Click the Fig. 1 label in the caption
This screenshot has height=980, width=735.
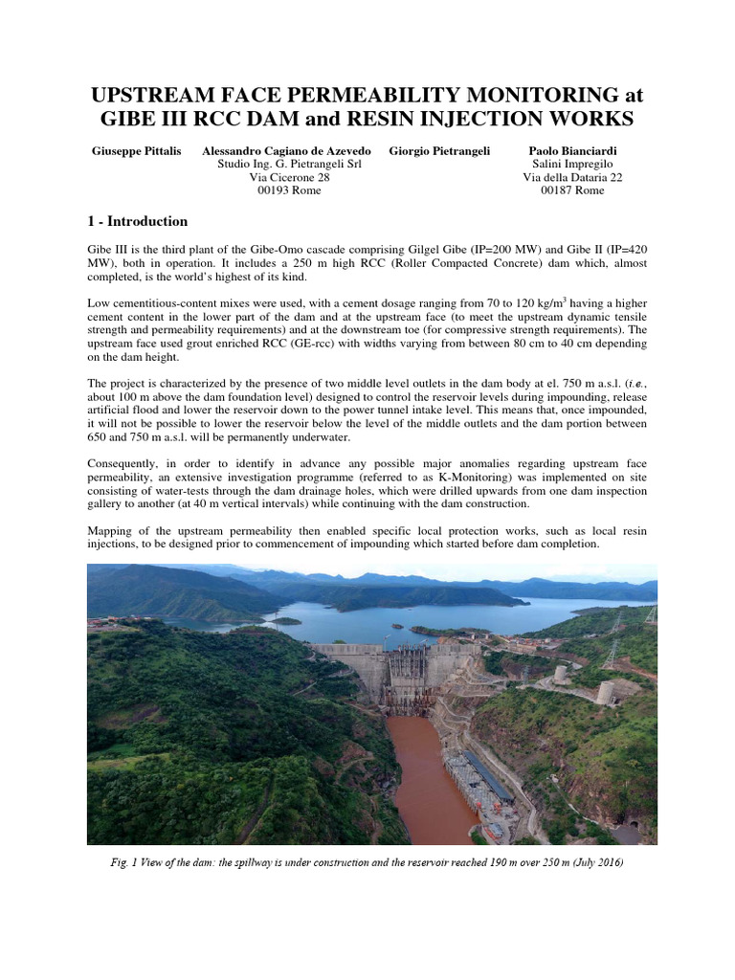coord(132,863)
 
